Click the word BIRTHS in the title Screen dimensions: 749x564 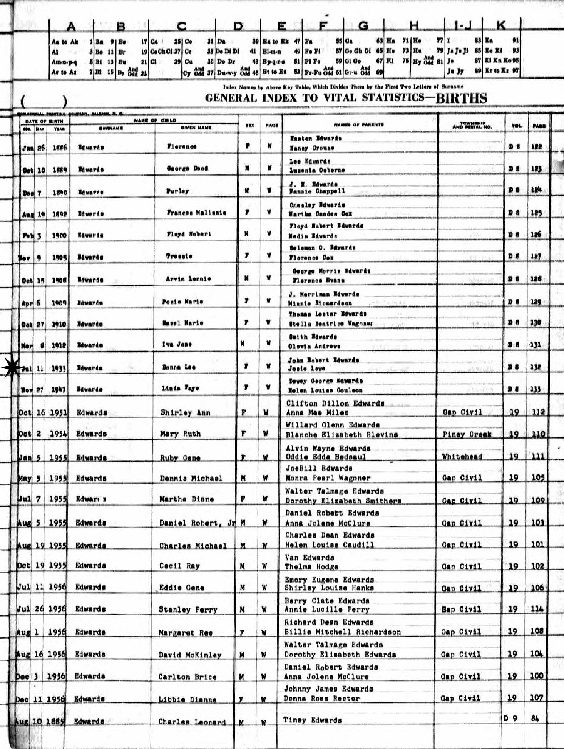coord(460,98)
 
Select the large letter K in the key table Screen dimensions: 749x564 coord(501,26)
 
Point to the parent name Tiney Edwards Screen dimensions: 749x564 coord(312,720)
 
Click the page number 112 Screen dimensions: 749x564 coord(537,412)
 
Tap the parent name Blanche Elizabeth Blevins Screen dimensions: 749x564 coord(341,434)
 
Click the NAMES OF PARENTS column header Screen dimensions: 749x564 coord(358,124)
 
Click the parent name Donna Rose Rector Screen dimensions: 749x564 coord(321,698)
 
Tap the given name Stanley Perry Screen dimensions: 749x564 coord(188,610)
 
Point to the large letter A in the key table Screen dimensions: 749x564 coord(71,27)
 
